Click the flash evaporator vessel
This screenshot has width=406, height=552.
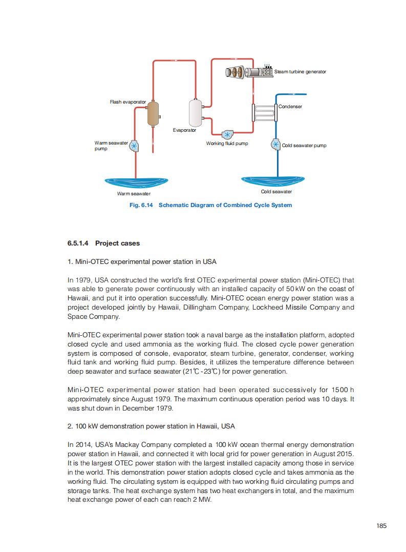point(153,114)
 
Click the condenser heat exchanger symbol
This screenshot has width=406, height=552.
point(264,112)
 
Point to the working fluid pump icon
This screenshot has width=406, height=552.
point(227,135)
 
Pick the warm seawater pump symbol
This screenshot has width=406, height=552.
point(135,146)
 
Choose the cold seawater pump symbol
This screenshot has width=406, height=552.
point(275,145)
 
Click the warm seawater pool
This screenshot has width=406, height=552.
point(136,182)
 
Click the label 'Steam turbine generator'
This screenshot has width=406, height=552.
point(300,72)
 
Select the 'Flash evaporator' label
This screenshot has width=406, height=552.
point(127,102)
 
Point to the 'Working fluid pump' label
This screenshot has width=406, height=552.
point(227,144)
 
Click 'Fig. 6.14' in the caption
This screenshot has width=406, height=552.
point(142,205)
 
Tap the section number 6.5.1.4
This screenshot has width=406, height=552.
point(79,243)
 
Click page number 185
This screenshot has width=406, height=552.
point(381,525)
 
